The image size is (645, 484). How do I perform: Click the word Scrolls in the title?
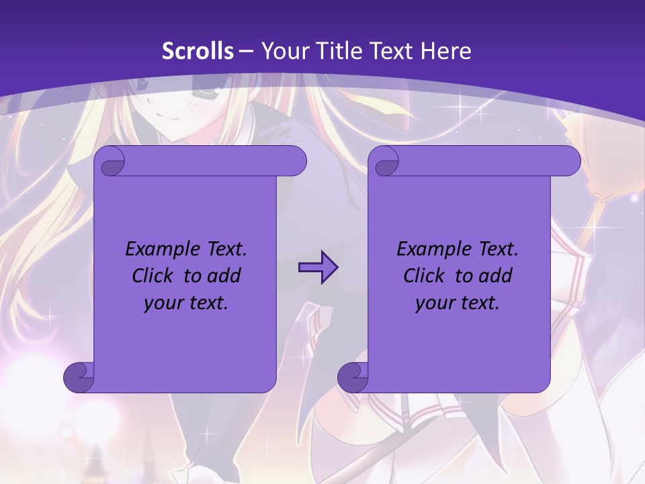pyautogui.click(x=198, y=51)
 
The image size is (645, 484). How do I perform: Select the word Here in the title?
pyautogui.click(x=446, y=51)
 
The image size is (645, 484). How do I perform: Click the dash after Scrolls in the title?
pyautogui.click(x=246, y=51)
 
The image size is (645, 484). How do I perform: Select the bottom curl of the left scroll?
pyautogui.click(x=79, y=377)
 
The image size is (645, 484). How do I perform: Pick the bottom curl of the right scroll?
pyautogui.click(x=353, y=377)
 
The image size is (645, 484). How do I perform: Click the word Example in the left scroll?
pyautogui.click(x=159, y=249)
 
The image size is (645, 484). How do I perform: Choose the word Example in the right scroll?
pyautogui.click(x=430, y=249)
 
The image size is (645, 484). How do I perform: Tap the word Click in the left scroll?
pyautogui.click(x=152, y=276)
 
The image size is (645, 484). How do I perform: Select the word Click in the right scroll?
pyautogui.click(x=423, y=276)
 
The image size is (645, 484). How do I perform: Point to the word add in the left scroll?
pyautogui.click(x=223, y=276)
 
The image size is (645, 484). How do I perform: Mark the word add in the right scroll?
pyautogui.click(x=494, y=276)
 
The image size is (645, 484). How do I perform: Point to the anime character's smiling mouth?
pyautogui.click(x=173, y=119)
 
